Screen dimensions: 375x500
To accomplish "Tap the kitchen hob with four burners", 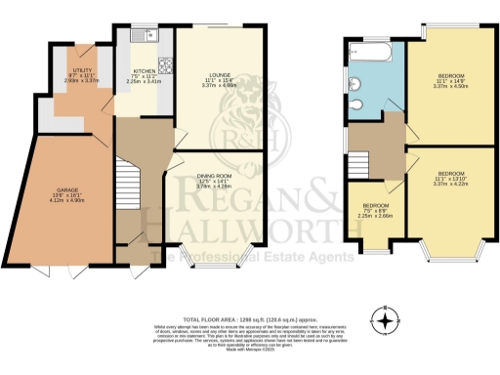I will pos(165,66).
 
